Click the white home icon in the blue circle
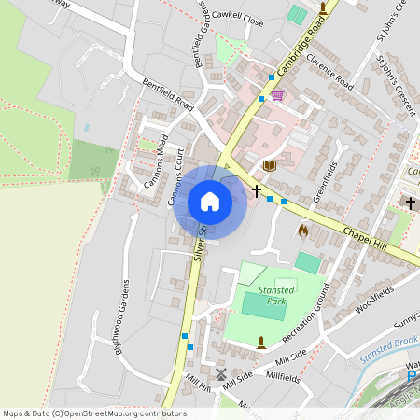[x=210, y=202]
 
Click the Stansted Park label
[x=277, y=296]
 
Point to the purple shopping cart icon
[x=277, y=95]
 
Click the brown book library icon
[x=270, y=165]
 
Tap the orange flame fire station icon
[x=302, y=229]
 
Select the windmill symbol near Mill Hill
[x=221, y=374]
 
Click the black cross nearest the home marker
[x=257, y=191]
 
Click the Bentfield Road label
[x=167, y=93]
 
